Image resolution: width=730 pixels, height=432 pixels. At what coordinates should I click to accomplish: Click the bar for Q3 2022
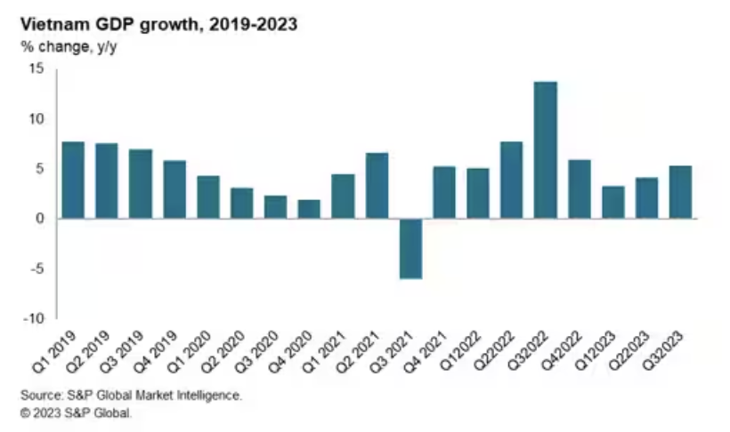pyautogui.click(x=546, y=150)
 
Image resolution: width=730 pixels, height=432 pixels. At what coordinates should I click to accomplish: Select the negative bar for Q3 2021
pyautogui.click(x=410, y=248)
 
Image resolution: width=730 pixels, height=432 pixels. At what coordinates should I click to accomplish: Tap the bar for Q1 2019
pyautogui.click(x=73, y=180)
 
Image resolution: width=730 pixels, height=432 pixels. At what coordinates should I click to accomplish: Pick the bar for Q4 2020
pyautogui.click(x=309, y=209)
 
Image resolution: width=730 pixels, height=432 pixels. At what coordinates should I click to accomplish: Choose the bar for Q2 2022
pyautogui.click(x=512, y=180)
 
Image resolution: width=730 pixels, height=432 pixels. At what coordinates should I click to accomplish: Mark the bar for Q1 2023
pyautogui.click(x=613, y=203)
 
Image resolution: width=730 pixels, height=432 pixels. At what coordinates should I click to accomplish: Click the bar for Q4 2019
pyautogui.click(x=174, y=189)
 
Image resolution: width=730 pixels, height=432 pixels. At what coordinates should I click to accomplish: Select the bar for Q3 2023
pyautogui.click(x=680, y=192)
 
